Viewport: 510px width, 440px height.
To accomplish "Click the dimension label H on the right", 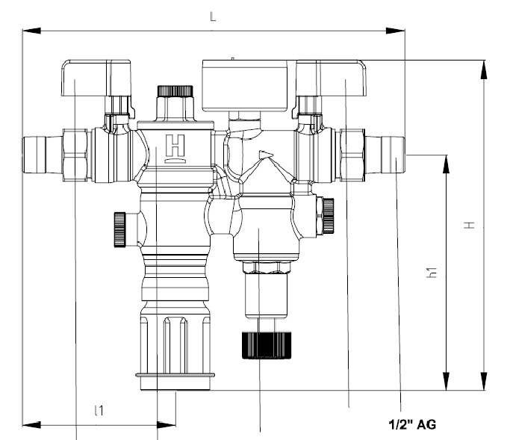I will coord(469,224).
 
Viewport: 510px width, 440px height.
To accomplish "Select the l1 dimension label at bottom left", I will coord(98,410).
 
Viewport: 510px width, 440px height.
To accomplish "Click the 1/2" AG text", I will coord(411,424).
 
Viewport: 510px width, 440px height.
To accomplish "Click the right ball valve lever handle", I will coord(332,78).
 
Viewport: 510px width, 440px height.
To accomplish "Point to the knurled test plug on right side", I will coord(326,217).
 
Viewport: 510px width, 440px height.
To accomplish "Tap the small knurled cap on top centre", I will coord(174,91).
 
